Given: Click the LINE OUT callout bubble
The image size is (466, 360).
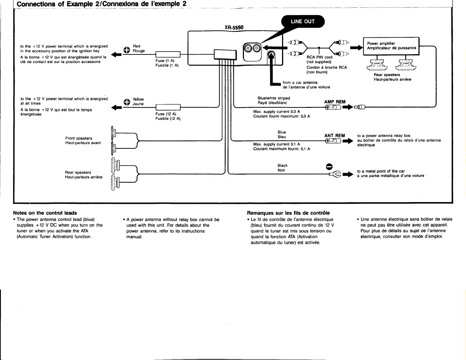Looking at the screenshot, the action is click(303, 22).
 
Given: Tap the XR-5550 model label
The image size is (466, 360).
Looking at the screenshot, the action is click(234, 27).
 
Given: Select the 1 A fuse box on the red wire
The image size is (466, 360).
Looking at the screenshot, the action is click(168, 55).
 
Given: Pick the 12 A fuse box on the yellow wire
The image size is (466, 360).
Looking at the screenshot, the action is click(168, 107).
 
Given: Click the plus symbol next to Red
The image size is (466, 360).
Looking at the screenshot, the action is click(127, 50).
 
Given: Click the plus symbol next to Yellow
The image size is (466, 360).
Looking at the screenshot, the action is click(127, 102).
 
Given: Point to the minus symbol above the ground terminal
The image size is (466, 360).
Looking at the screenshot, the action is click(329, 167).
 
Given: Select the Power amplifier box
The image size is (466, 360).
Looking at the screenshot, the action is click(391, 46).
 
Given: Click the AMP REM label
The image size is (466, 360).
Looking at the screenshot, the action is click(335, 102).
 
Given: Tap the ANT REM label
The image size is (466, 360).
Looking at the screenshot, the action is click(334, 136).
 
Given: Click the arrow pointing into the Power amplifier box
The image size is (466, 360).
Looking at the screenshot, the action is click(356, 48).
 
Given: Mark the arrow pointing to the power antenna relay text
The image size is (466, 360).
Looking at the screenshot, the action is click(348, 141).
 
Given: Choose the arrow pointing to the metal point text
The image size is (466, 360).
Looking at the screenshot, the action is click(348, 174).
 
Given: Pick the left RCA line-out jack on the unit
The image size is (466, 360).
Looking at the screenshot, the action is click(248, 48).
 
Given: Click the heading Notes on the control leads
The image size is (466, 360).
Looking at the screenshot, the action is click(45, 213).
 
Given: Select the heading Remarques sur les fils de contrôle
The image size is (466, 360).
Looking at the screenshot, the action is click(288, 213).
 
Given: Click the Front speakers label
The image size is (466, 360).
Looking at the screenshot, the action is click(79, 138).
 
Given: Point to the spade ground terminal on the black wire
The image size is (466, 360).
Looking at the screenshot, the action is click(335, 174).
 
